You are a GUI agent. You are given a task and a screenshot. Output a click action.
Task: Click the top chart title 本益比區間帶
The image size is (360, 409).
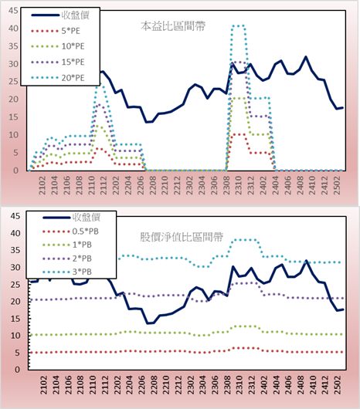173,26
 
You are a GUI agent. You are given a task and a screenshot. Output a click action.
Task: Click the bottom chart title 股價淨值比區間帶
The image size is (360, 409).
182,237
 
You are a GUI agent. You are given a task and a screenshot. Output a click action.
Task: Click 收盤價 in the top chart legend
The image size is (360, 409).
76,15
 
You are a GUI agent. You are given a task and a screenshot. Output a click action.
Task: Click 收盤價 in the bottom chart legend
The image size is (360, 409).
87,218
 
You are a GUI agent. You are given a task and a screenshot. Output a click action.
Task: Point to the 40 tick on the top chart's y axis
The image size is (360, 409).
13,29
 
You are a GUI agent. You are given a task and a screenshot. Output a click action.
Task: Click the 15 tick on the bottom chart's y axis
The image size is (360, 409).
15,319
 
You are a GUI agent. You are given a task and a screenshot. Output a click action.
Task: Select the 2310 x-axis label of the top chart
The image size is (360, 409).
239,185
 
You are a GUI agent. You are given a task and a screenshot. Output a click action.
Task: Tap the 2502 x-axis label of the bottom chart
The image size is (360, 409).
338,385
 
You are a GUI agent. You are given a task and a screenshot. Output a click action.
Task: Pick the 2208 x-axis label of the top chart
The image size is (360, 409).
152,185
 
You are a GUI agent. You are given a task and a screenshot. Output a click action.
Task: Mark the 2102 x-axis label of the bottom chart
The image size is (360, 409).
44,385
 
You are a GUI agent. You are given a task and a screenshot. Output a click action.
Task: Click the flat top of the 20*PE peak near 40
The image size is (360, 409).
238,25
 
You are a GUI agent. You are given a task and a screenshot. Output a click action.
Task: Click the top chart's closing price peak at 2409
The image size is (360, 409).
306,56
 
